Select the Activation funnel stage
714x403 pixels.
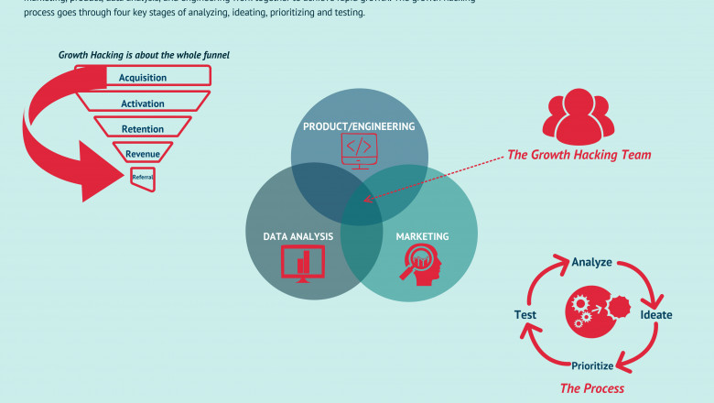[143, 103]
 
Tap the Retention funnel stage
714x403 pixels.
[143, 129]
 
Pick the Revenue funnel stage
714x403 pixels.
[143, 154]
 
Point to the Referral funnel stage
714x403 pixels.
[142, 178]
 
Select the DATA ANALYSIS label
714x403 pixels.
[298, 236]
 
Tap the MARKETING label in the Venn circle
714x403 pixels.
[422, 236]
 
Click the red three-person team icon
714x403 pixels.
[577, 118]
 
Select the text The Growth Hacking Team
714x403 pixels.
[579, 155]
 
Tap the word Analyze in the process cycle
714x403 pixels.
[591, 262]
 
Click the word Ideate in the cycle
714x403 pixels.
[655, 315]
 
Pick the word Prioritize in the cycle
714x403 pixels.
[591, 365]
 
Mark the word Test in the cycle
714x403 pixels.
[525, 315]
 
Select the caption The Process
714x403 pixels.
[591, 388]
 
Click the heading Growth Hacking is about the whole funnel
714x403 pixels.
[144, 55]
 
